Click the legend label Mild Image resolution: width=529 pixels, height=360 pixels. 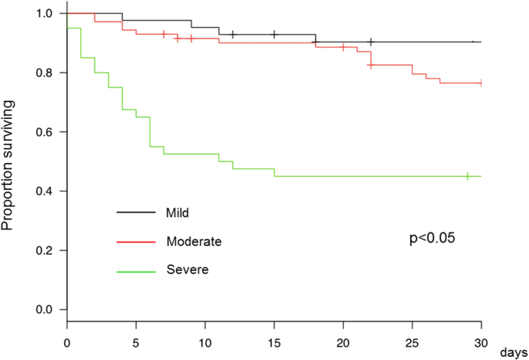point(178,212)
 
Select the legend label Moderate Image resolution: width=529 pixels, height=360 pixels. point(194,242)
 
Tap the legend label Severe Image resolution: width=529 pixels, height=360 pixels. point(187,270)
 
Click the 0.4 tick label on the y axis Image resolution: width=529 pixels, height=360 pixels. point(46,191)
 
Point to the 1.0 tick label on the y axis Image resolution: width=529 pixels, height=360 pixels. point(46,14)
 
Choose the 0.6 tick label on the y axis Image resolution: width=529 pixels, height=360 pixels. point(46,132)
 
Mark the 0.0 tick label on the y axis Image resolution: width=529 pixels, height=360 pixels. point(46,310)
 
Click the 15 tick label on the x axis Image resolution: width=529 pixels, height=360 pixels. point(274,340)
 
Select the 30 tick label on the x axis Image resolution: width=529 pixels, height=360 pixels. point(481,340)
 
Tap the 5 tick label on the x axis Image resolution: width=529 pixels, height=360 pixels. point(136,340)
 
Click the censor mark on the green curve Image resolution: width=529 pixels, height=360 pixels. point(467,176)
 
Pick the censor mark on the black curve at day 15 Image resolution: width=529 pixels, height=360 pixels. point(274,35)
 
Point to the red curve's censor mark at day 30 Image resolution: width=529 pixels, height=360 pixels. point(481,83)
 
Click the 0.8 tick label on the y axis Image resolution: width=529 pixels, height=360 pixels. point(46,73)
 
